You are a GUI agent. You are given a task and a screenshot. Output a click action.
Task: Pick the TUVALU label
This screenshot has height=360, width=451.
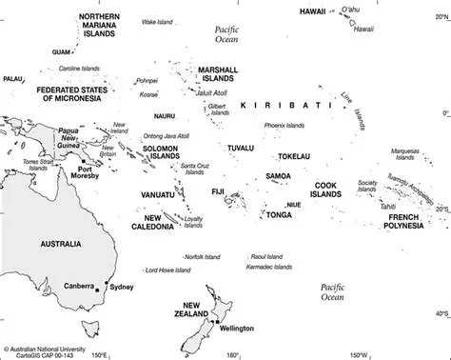[242, 148]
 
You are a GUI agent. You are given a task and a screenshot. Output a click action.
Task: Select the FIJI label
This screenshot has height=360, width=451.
[217, 192]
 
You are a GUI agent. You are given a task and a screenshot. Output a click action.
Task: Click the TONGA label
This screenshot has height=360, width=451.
[279, 214]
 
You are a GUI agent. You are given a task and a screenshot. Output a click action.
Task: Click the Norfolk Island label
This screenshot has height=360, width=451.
[179, 256]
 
